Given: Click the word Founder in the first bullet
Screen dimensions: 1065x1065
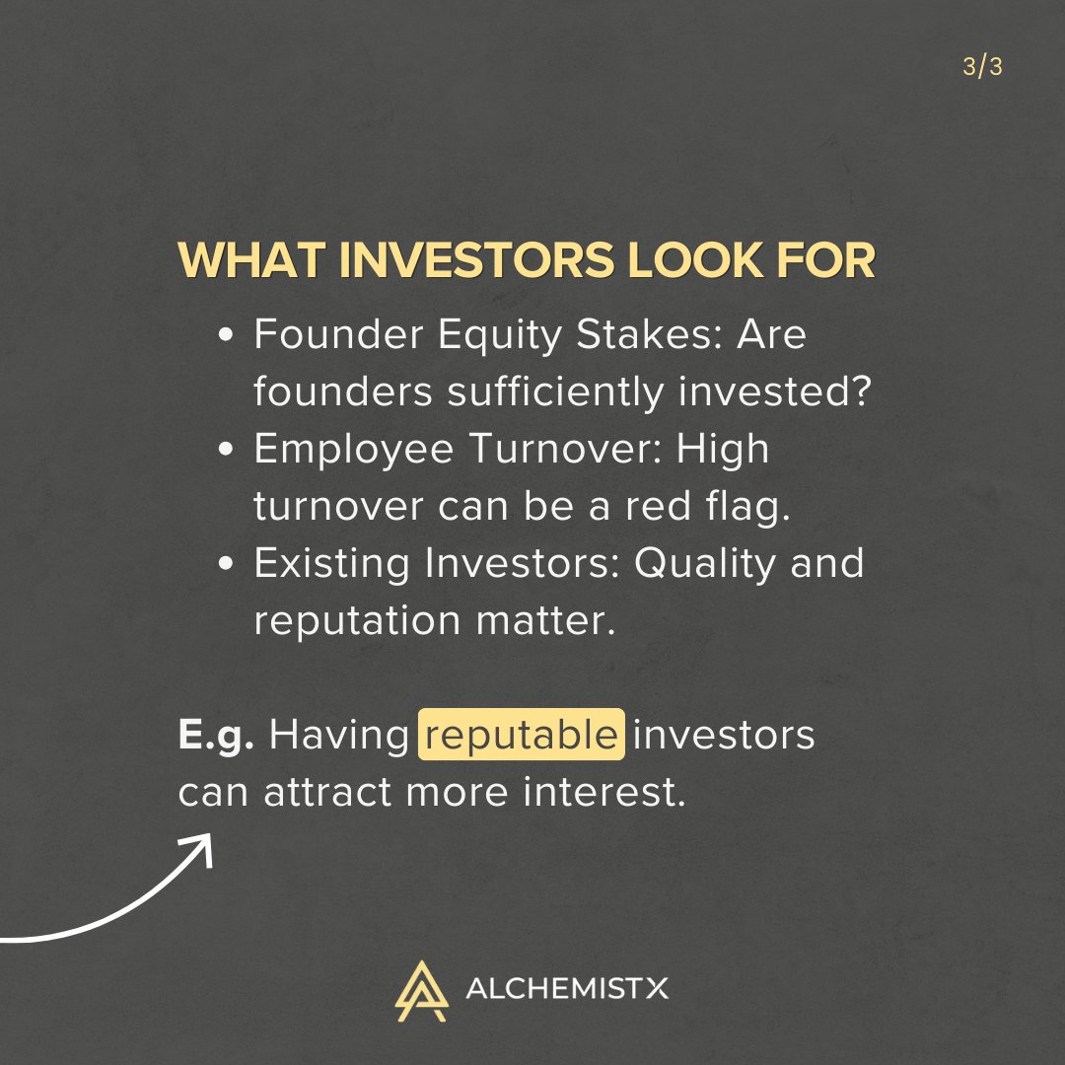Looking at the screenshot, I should click(x=325, y=335).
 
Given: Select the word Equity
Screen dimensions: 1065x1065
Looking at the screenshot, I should click(x=471, y=337).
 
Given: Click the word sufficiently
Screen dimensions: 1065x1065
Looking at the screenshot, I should click(x=555, y=393).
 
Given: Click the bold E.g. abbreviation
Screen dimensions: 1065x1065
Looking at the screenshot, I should click(x=216, y=737).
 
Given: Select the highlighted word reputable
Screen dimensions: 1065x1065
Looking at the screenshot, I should click(x=521, y=737).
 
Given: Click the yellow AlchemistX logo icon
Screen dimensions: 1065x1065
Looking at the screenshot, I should click(x=421, y=989).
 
